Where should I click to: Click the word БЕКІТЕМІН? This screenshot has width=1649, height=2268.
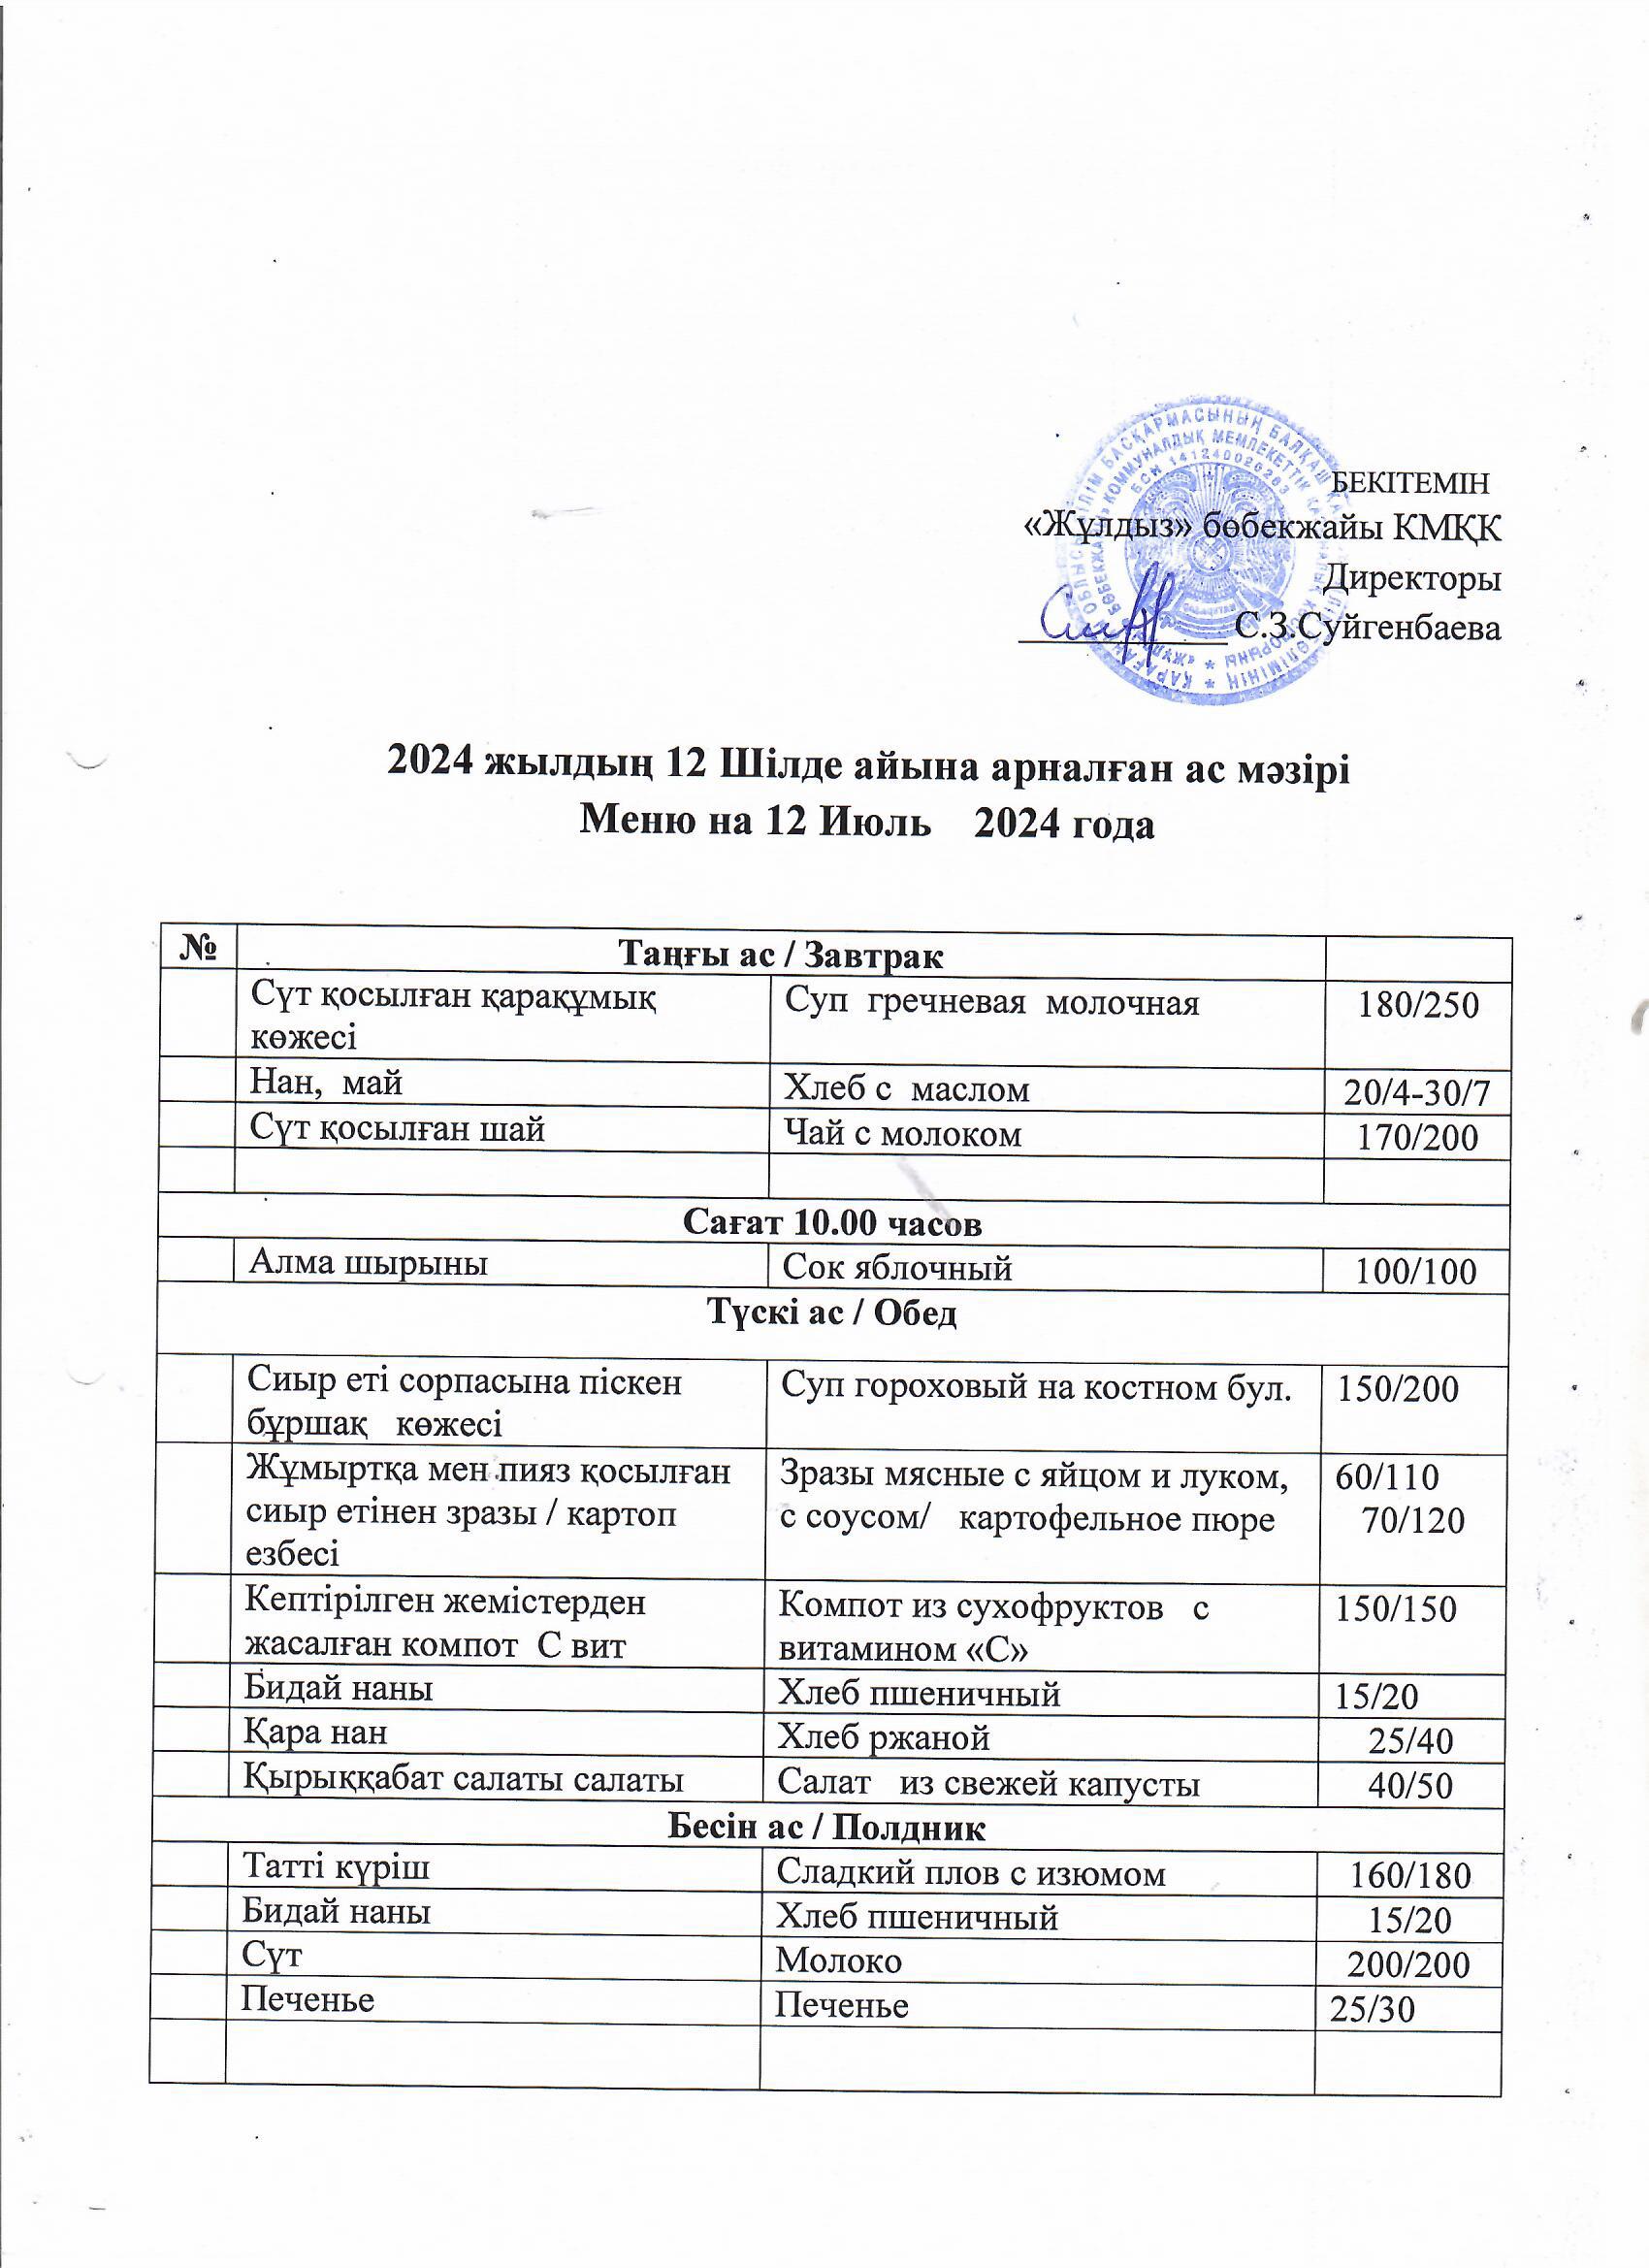click(1411, 483)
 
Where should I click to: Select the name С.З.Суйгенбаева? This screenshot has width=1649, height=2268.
click(1367, 628)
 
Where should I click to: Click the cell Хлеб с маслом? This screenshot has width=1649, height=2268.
click(906, 1088)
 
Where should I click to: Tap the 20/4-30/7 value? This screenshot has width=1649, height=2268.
click(1417, 1093)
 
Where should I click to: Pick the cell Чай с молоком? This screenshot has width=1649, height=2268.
click(902, 1134)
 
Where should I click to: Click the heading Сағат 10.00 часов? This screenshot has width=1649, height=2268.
click(832, 1222)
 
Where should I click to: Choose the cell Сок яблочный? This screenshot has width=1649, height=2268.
click(897, 1268)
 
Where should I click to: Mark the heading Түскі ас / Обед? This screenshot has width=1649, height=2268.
click(832, 1312)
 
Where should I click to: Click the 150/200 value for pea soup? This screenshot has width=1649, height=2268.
click(1398, 1389)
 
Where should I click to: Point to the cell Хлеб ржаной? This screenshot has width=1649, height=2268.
click(884, 1737)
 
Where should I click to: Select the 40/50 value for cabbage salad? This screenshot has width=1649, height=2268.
click(1410, 1785)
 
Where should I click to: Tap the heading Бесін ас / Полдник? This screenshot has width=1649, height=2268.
click(826, 1828)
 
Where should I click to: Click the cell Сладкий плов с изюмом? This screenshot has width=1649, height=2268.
click(971, 1872)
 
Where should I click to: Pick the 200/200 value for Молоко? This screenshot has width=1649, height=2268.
click(1408, 1964)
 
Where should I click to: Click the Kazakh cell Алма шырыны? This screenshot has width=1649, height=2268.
click(368, 1263)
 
